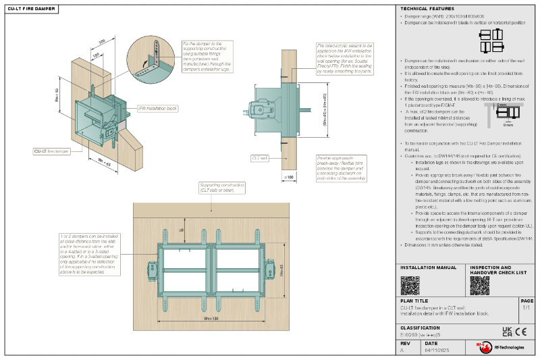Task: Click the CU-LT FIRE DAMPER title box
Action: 30,9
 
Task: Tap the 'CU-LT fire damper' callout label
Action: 51,152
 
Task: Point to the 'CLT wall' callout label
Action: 260,157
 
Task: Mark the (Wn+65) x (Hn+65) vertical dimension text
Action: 325,110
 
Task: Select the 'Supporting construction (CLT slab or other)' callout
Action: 217,188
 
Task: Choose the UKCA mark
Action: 507,331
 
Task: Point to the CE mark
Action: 521,331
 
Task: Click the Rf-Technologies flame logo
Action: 482,346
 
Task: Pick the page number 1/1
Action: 526,307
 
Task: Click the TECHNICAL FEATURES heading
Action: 423,9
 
